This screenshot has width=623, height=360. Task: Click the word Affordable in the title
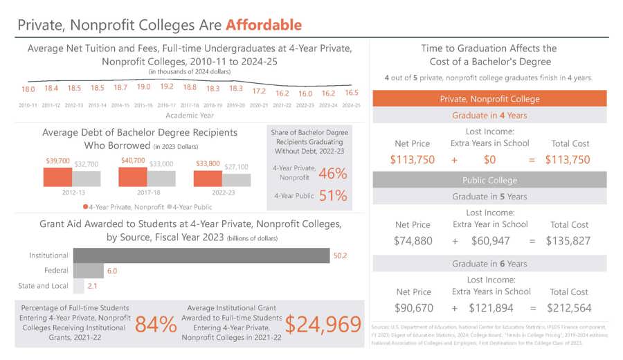click(x=263, y=26)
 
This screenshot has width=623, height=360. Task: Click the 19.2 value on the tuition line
click(x=167, y=87)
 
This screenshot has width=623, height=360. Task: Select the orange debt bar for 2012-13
click(x=57, y=177)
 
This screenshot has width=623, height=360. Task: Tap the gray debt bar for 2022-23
click(x=237, y=179)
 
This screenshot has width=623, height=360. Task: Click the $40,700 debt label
click(x=133, y=161)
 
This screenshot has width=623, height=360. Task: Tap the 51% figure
click(x=333, y=196)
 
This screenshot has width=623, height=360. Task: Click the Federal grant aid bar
click(x=88, y=271)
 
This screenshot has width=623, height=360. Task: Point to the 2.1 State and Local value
click(x=92, y=286)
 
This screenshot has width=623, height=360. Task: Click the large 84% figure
click(x=156, y=324)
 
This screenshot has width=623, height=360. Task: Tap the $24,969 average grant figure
click(x=323, y=324)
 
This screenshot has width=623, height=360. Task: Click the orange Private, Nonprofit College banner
click(x=489, y=99)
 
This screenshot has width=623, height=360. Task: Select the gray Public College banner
click(x=489, y=180)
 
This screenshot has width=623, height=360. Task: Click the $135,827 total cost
click(x=568, y=241)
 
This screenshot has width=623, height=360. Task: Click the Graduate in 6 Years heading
click(x=489, y=264)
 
